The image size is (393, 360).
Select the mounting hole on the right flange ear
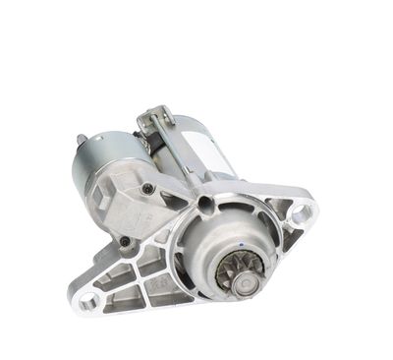302,211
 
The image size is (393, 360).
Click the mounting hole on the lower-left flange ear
89,301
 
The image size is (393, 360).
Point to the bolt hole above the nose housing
203,205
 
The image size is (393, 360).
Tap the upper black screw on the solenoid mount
147,189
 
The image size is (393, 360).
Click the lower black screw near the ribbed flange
126,241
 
